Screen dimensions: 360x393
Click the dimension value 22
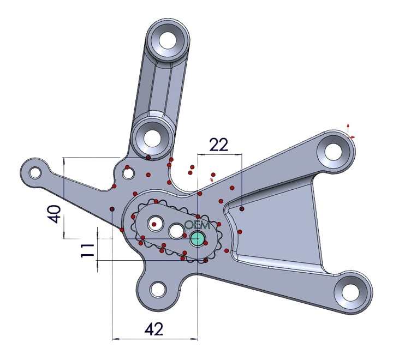click(x=218, y=145)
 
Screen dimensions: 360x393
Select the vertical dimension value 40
click(x=53, y=214)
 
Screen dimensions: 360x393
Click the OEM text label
click(x=196, y=225)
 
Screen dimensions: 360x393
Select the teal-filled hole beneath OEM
click(x=197, y=238)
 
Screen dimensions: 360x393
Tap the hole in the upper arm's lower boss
click(x=152, y=136)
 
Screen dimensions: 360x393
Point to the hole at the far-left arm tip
click(x=36, y=173)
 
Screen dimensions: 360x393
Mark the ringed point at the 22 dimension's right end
click(x=242, y=208)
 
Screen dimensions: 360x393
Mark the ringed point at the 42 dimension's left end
click(x=112, y=209)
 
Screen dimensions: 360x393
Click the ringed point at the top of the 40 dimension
click(x=148, y=158)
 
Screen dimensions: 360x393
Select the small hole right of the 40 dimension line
click(x=128, y=173)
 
